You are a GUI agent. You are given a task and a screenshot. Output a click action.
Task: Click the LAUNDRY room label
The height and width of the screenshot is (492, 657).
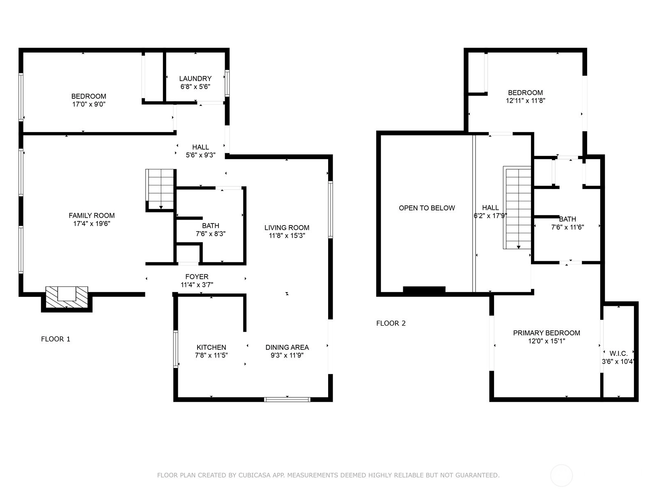tap(195, 79)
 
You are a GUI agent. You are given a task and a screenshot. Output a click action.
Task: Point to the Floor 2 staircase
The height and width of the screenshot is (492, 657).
tap(517, 207)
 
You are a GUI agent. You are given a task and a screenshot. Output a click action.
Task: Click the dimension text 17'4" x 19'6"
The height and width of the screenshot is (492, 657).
tap(92, 223)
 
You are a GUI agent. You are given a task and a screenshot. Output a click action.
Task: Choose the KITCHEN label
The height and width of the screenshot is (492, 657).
tap(211, 347)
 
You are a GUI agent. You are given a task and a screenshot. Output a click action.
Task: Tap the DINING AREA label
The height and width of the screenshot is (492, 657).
tap(287, 347)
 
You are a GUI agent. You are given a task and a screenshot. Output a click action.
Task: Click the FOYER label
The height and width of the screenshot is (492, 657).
tap(197, 277)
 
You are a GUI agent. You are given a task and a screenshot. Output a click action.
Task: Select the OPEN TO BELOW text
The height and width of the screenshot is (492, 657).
tap(427, 208)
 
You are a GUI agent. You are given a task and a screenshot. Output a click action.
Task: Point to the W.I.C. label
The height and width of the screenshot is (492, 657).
tap(618, 353)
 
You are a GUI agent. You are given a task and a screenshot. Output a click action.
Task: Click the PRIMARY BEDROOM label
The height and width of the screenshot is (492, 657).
tap(547, 333)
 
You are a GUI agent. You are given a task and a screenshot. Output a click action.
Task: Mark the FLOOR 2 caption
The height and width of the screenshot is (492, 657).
tap(391, 323)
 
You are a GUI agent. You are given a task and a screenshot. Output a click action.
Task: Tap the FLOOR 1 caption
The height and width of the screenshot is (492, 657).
tap(55, 339)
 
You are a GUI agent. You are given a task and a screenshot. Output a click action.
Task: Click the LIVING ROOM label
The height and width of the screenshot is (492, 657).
tap(287, 228)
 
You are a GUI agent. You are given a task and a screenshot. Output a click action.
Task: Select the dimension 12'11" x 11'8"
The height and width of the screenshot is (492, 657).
tap(526, 101)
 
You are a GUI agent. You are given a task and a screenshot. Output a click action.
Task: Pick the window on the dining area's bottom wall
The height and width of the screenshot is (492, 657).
tap(287, 399)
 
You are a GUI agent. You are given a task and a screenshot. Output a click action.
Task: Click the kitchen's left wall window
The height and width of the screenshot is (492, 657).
tap(176, 349)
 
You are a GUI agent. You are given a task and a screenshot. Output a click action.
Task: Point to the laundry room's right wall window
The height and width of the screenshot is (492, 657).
tap(227, 83)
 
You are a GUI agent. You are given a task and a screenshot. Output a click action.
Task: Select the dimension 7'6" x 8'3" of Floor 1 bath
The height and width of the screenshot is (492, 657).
tap(211, 234)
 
